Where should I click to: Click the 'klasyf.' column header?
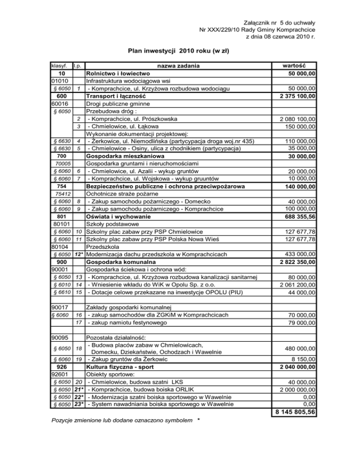61,65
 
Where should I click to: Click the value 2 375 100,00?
294,96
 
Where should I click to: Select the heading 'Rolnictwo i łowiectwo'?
118,73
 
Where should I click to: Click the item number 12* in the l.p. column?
80,255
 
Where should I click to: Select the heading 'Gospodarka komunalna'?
121,262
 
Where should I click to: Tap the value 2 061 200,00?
294,285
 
